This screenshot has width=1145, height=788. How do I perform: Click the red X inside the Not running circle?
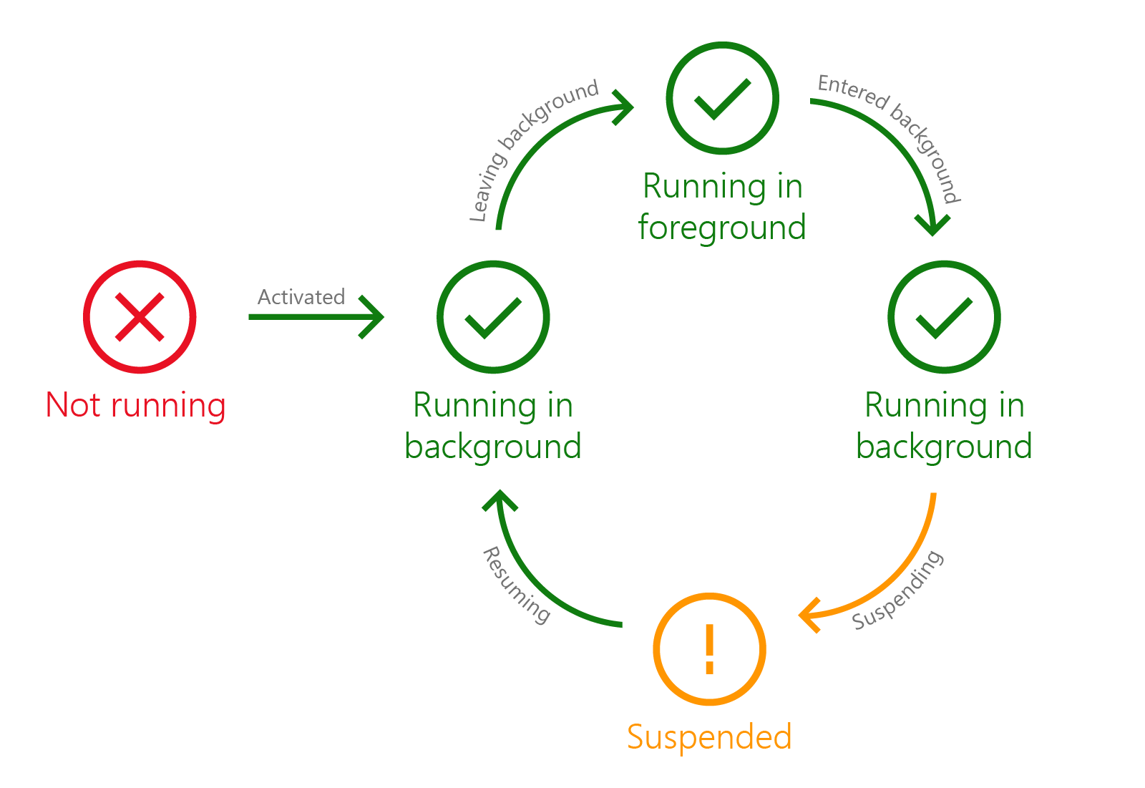[140, 317]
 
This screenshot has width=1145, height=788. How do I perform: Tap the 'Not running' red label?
[135, 405]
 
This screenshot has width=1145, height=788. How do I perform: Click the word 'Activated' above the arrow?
[301, 296]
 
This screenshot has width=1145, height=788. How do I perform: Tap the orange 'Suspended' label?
[709, 736]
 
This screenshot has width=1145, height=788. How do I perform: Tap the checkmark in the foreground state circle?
[722, 98]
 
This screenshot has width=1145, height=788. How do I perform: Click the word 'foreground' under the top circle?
[722, 228]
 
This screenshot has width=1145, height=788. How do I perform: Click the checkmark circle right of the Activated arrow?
[493, 317]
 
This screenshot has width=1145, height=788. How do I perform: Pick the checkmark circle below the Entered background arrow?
[944, 317]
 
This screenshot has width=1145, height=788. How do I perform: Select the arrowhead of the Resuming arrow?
[500, 500]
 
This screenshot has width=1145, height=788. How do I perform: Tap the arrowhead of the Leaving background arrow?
[624, 107]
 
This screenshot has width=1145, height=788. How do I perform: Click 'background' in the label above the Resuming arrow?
[492, 447]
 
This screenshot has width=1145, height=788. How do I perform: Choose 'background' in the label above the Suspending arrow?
[944, 447]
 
